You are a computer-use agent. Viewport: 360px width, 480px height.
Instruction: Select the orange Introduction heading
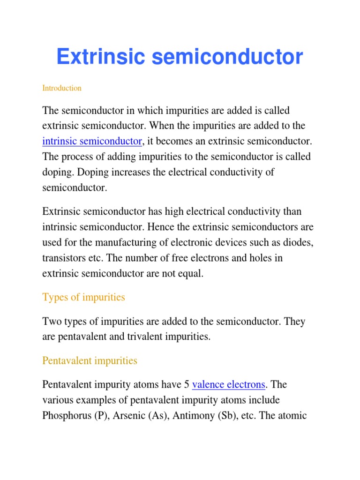tap(62, 88)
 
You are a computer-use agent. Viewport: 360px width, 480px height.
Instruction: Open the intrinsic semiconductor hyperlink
tap(92, 141)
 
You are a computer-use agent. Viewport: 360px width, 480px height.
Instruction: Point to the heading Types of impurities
tap(83, 297)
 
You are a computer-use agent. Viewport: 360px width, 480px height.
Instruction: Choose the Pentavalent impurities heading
tap(90, 361)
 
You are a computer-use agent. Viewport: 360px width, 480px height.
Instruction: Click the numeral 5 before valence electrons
tap(187, 385)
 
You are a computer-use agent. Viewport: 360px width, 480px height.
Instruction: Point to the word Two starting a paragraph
tap(51, 321)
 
